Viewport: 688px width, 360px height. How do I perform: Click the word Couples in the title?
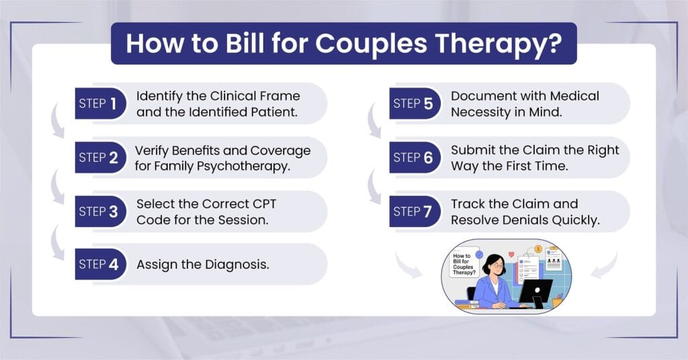(x=371, y=44)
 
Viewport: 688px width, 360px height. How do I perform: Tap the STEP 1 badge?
(x=101, y=103)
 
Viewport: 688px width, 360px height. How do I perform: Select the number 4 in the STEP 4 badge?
(x=113, y=265)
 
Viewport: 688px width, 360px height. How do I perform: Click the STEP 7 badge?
(x=415, y=212)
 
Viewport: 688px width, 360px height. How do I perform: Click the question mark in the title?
(x=555, y=44)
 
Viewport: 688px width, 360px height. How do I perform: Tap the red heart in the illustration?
(x=511, y=255)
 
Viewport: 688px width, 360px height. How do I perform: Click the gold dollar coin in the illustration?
(x=538, y=249)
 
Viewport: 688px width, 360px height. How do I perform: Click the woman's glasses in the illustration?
(x=498, y=265)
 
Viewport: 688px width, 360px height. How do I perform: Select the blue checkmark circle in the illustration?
(x=479, y=255)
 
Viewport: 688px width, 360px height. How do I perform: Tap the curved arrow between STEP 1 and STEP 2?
(x=56, y=121)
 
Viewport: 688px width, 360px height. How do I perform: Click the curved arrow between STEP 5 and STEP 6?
(x=374, y=121)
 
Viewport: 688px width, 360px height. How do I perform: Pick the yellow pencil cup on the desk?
(x=556, y=302)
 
